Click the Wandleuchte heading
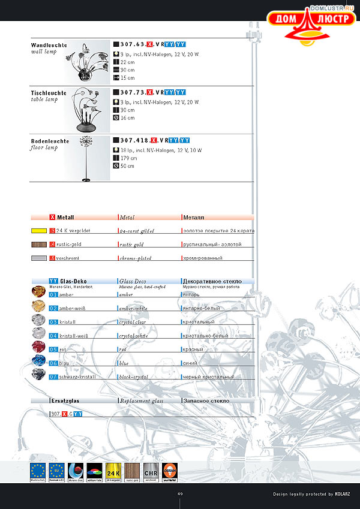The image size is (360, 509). [x=49, y=45]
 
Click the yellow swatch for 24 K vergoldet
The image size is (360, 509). [x=39, y=230]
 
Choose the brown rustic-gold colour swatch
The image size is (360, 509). [x=39, y=244]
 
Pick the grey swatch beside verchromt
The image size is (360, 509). [x=39, y=258]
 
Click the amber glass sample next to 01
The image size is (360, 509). [x=39, y=292]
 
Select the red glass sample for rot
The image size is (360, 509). [x=39, y=347]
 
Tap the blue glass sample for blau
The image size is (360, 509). [x=39, y=361]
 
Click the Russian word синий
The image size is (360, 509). [x=190, y=363]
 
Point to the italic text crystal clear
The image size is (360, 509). [x=133, y=322]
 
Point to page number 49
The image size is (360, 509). [x=180, y=494]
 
